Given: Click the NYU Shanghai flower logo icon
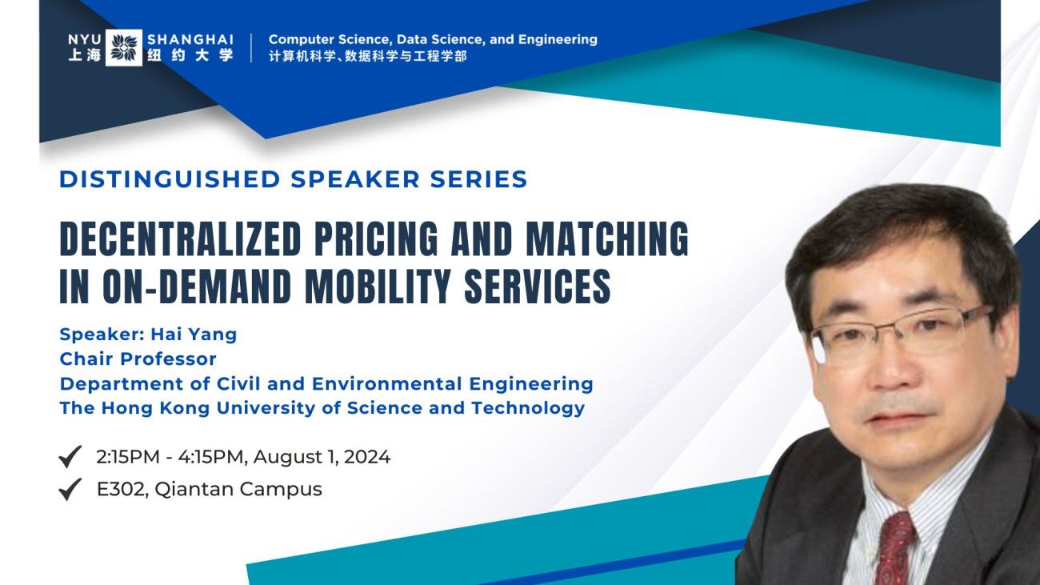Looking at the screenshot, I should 124,47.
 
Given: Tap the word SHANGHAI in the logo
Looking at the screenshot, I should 190,38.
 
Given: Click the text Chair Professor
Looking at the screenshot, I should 138,359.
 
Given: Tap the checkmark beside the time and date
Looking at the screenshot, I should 71,459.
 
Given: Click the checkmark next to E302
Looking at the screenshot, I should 71,489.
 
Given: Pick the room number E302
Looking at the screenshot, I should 120,489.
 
